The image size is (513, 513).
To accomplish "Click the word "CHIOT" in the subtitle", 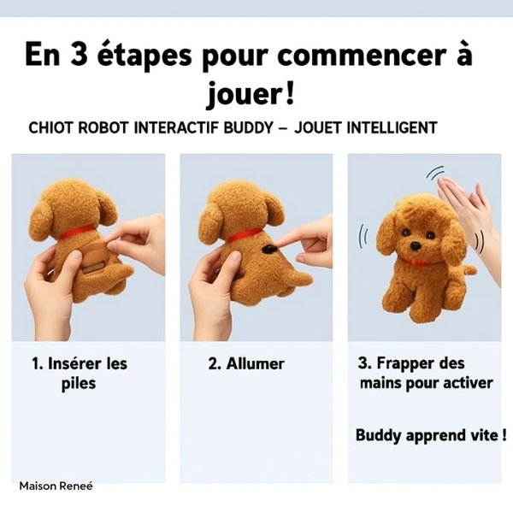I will [52, 128].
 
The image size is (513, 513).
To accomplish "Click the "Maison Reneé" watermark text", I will [56, 486].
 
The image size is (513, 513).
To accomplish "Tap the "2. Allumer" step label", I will [246, 363].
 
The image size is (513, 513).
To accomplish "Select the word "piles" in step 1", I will [79, 384].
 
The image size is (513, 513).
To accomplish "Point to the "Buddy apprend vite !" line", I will [431, 435].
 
